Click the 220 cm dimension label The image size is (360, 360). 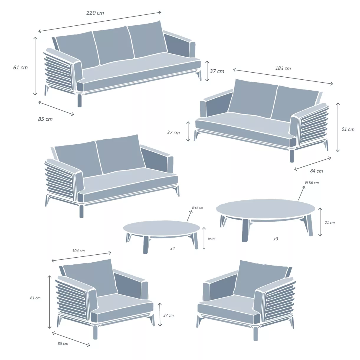[95, 13]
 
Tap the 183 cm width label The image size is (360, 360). [283, 68]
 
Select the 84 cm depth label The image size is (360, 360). [316, 171]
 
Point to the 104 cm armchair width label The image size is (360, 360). [78, 251]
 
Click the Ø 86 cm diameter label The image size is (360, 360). [312, 183]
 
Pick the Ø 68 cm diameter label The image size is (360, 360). [197, 208]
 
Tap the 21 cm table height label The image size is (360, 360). [330, 222]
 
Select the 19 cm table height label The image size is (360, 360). [211, 239]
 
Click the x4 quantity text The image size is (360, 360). [172, 249]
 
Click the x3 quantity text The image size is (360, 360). [276, 239]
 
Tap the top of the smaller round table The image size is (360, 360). [161, 228]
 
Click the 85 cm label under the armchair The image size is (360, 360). [63, 343]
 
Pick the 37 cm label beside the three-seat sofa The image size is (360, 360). [217, 71]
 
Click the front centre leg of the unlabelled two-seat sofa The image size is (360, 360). [81, 211]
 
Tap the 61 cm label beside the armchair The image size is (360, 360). [35, 298]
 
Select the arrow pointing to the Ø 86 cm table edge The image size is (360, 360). [302, 193]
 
